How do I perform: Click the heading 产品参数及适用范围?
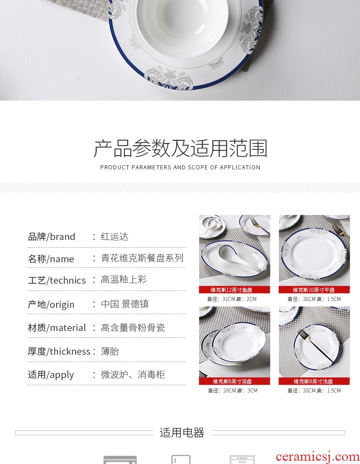tap(180, 148)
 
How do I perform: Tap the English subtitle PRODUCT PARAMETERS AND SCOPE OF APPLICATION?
tap(180, 168)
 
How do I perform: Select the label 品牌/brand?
tap(51, 237)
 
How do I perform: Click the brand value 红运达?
tap(114, 237)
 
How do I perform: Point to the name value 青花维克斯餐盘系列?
tap(142, 258)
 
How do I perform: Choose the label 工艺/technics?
tap(57, 280)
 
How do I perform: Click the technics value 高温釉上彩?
tap(124, 280)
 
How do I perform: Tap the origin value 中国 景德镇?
tap(125, 304)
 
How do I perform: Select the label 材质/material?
tap(57, 328)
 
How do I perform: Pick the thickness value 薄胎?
tap(110, 351)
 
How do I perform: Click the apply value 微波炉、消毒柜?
tap(133, 375)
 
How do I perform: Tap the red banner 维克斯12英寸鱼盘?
tap(235, 290)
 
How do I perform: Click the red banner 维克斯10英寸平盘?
tap(314, 290)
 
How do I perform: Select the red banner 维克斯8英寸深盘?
tap(235, 382)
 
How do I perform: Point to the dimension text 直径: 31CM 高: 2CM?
tap(232, 299)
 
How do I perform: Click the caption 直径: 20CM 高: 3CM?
tap(233, 391)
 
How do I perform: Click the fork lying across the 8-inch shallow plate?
tap(316, 346)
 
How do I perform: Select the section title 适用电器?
tap(182, 433)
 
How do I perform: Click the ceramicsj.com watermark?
tap(317, 457)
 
